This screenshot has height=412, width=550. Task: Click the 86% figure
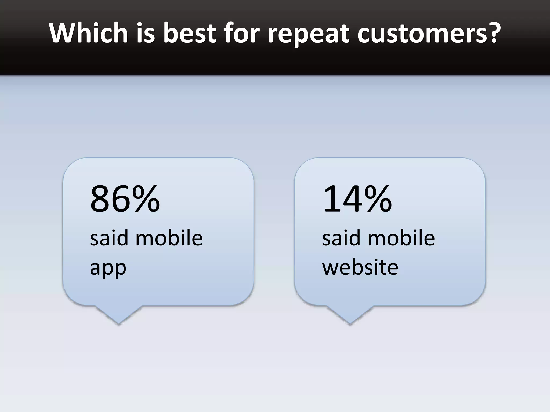[125, 199]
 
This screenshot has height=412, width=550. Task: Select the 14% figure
[357, 199]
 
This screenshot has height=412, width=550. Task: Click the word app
[108, 268]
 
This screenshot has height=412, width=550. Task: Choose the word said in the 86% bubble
[109, 238]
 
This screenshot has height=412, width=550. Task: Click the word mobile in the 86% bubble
[169, 238]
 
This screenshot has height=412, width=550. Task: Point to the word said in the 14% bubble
[341, 238]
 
